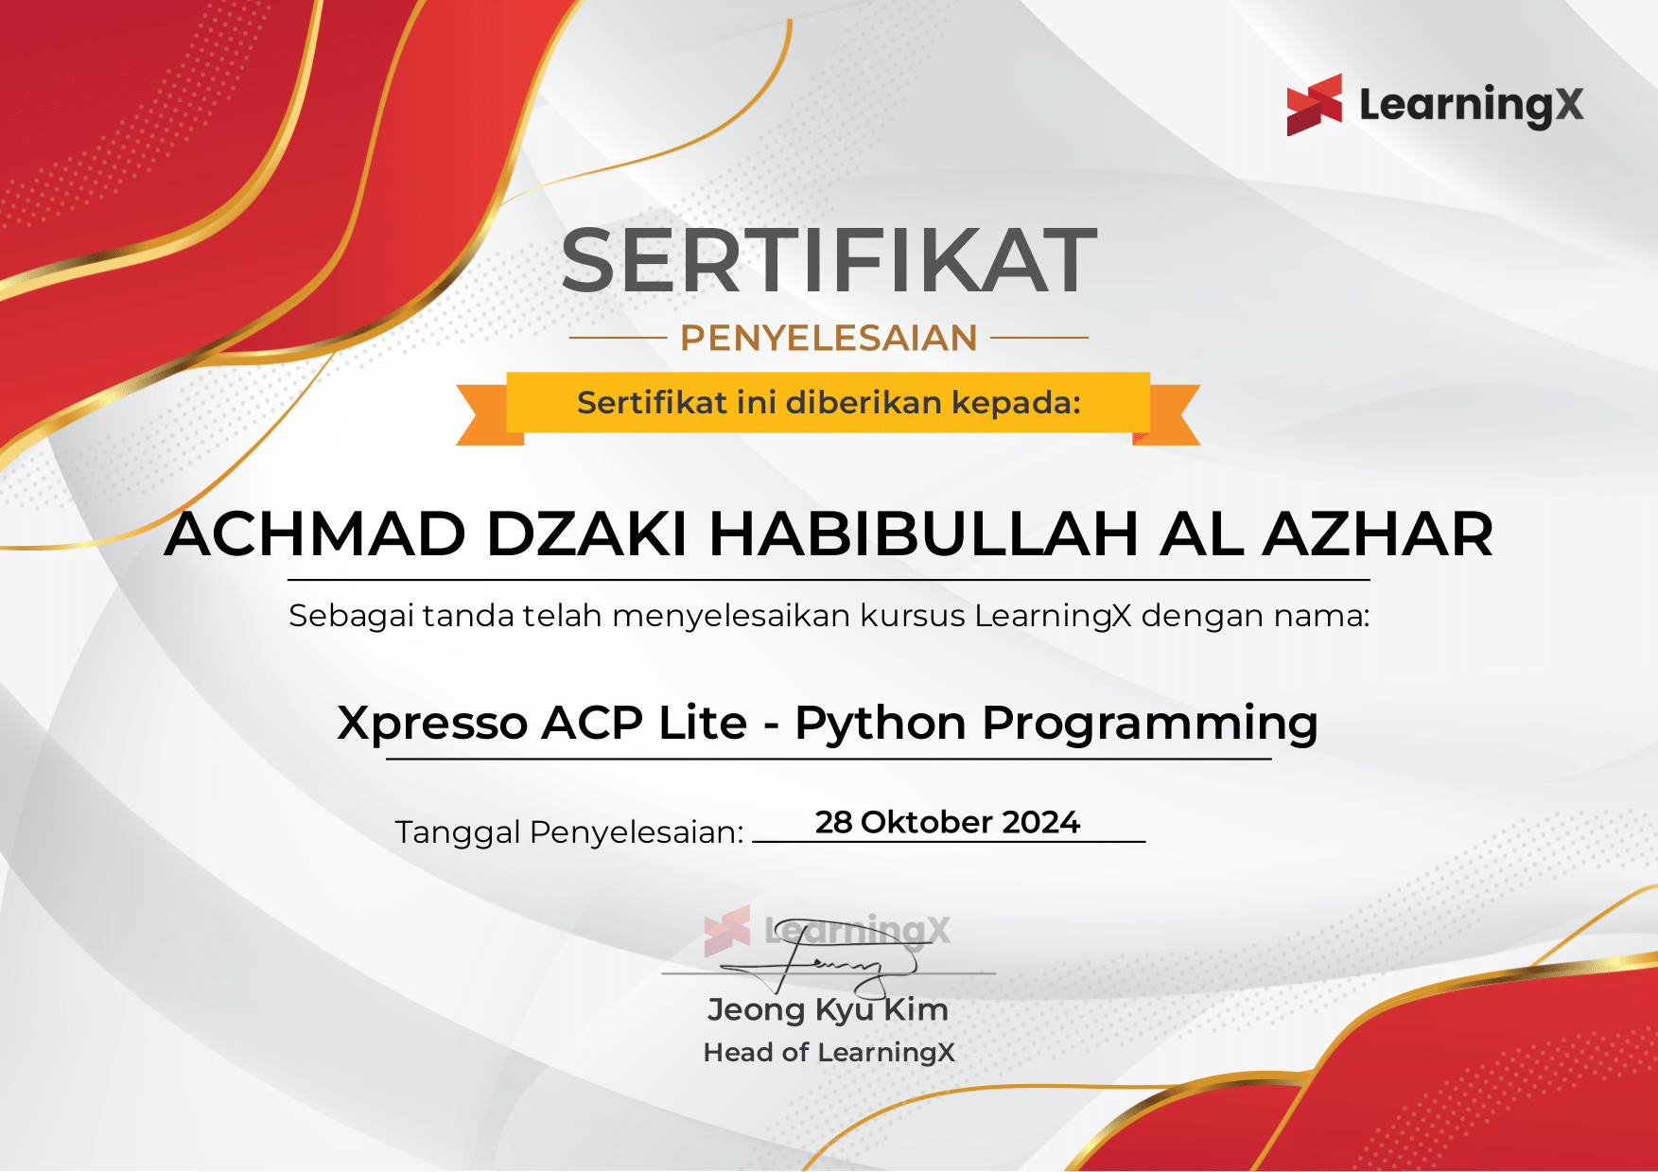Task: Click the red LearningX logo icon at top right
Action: [1314, 105]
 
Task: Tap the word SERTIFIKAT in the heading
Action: [829, 261]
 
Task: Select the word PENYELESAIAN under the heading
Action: [829, 338]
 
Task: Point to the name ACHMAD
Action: [315, 534]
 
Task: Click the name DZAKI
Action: [586, 534]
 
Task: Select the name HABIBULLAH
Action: [923, 534]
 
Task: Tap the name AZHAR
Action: [1377, 534]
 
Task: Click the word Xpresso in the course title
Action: [432, 724]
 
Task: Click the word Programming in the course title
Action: [1149, 724]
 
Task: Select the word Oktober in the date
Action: [926, 822]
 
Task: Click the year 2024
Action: [1040, 822]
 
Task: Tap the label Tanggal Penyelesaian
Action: [568, 832]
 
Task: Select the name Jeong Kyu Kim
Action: [828, 1009]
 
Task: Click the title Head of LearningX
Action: [829, 1052]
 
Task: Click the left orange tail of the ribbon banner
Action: [484, 416]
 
